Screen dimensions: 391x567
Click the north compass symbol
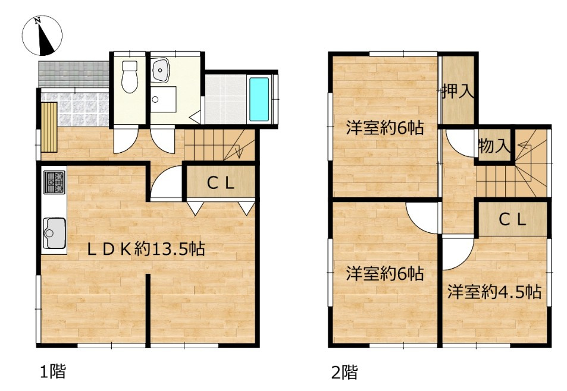pos(42,34)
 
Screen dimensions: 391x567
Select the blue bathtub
pos(259,99)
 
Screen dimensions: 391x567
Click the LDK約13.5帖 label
pos(146,250)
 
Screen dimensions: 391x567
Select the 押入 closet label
pos(458,92)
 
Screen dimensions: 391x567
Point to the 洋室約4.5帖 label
pos(494,292)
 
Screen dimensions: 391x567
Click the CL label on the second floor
pos(512,220)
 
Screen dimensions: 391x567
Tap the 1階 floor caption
pos(52,373)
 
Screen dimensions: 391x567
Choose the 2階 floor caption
pos(344,373)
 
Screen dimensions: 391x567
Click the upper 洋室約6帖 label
pos(385,127)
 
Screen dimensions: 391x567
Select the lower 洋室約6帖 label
pos(385,274)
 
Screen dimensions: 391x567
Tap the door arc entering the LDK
pos(166,182)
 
